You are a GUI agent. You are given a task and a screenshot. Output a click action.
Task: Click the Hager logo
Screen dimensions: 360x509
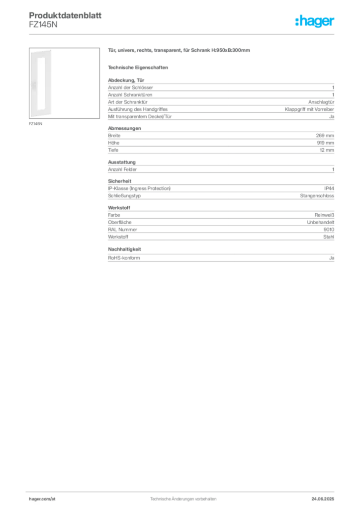point(315,21)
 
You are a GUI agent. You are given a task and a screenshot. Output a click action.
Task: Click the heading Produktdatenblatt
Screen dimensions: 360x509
point(65,15)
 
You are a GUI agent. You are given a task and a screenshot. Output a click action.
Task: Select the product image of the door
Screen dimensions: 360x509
point(64,83)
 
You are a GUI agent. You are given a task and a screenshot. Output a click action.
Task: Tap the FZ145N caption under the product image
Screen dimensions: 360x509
point(35,124)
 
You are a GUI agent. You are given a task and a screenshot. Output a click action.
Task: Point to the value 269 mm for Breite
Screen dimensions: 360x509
point(325,136)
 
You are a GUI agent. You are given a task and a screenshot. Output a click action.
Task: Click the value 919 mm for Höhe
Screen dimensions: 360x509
point(325,143)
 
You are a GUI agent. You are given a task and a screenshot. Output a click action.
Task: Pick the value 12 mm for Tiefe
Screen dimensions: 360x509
point(327,150)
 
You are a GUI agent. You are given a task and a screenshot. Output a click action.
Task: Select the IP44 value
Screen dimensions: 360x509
point(329,188)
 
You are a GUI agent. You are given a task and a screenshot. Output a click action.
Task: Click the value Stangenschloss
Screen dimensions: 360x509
point(317,196)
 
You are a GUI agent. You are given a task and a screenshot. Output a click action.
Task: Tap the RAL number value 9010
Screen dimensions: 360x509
point(329,230)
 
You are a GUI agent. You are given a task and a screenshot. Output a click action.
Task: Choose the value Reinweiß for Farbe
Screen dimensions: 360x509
point(324,215)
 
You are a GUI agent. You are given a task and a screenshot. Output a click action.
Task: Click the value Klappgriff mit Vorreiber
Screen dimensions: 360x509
point(309,109)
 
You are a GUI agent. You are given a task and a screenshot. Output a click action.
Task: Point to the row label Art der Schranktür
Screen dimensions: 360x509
point(128,102)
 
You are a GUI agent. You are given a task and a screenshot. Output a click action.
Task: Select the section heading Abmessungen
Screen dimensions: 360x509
point(124,128)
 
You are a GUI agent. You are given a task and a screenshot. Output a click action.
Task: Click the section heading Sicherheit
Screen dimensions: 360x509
point(119,181)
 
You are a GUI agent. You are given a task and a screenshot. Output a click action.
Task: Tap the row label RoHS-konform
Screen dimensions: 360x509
point(124,258)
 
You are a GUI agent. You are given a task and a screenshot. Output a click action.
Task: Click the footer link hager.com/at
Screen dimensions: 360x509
point(42,499)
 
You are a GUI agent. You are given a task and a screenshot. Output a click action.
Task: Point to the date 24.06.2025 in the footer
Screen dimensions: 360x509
point(323,499)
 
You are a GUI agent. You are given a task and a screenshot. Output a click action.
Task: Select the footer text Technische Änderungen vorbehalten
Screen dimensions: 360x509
point(183,499)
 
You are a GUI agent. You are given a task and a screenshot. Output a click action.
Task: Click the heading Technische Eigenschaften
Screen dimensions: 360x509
point(138,68)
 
